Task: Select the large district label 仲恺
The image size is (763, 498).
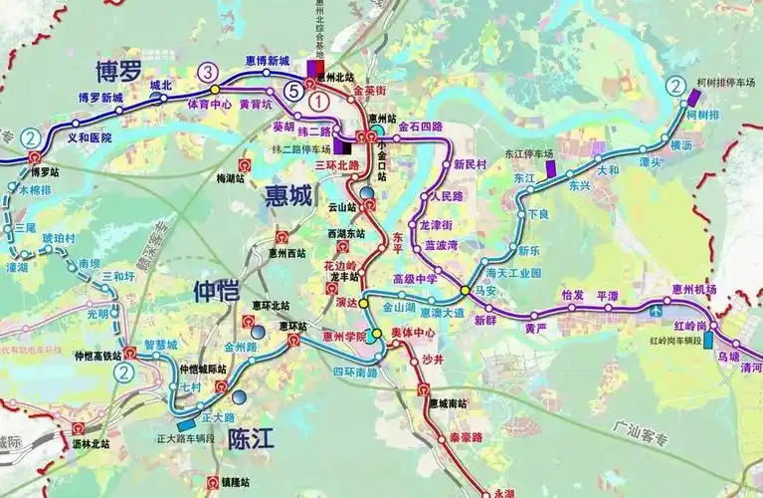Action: (216, 293)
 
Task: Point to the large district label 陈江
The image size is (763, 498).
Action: (252, 438)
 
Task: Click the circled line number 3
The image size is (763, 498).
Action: (207, 72)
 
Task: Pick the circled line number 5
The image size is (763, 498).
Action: (292, 91)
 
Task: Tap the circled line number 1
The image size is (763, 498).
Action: (317, 101)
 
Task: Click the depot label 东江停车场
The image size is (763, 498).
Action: (529, 154)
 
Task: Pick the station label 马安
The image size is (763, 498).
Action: (487, 290)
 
